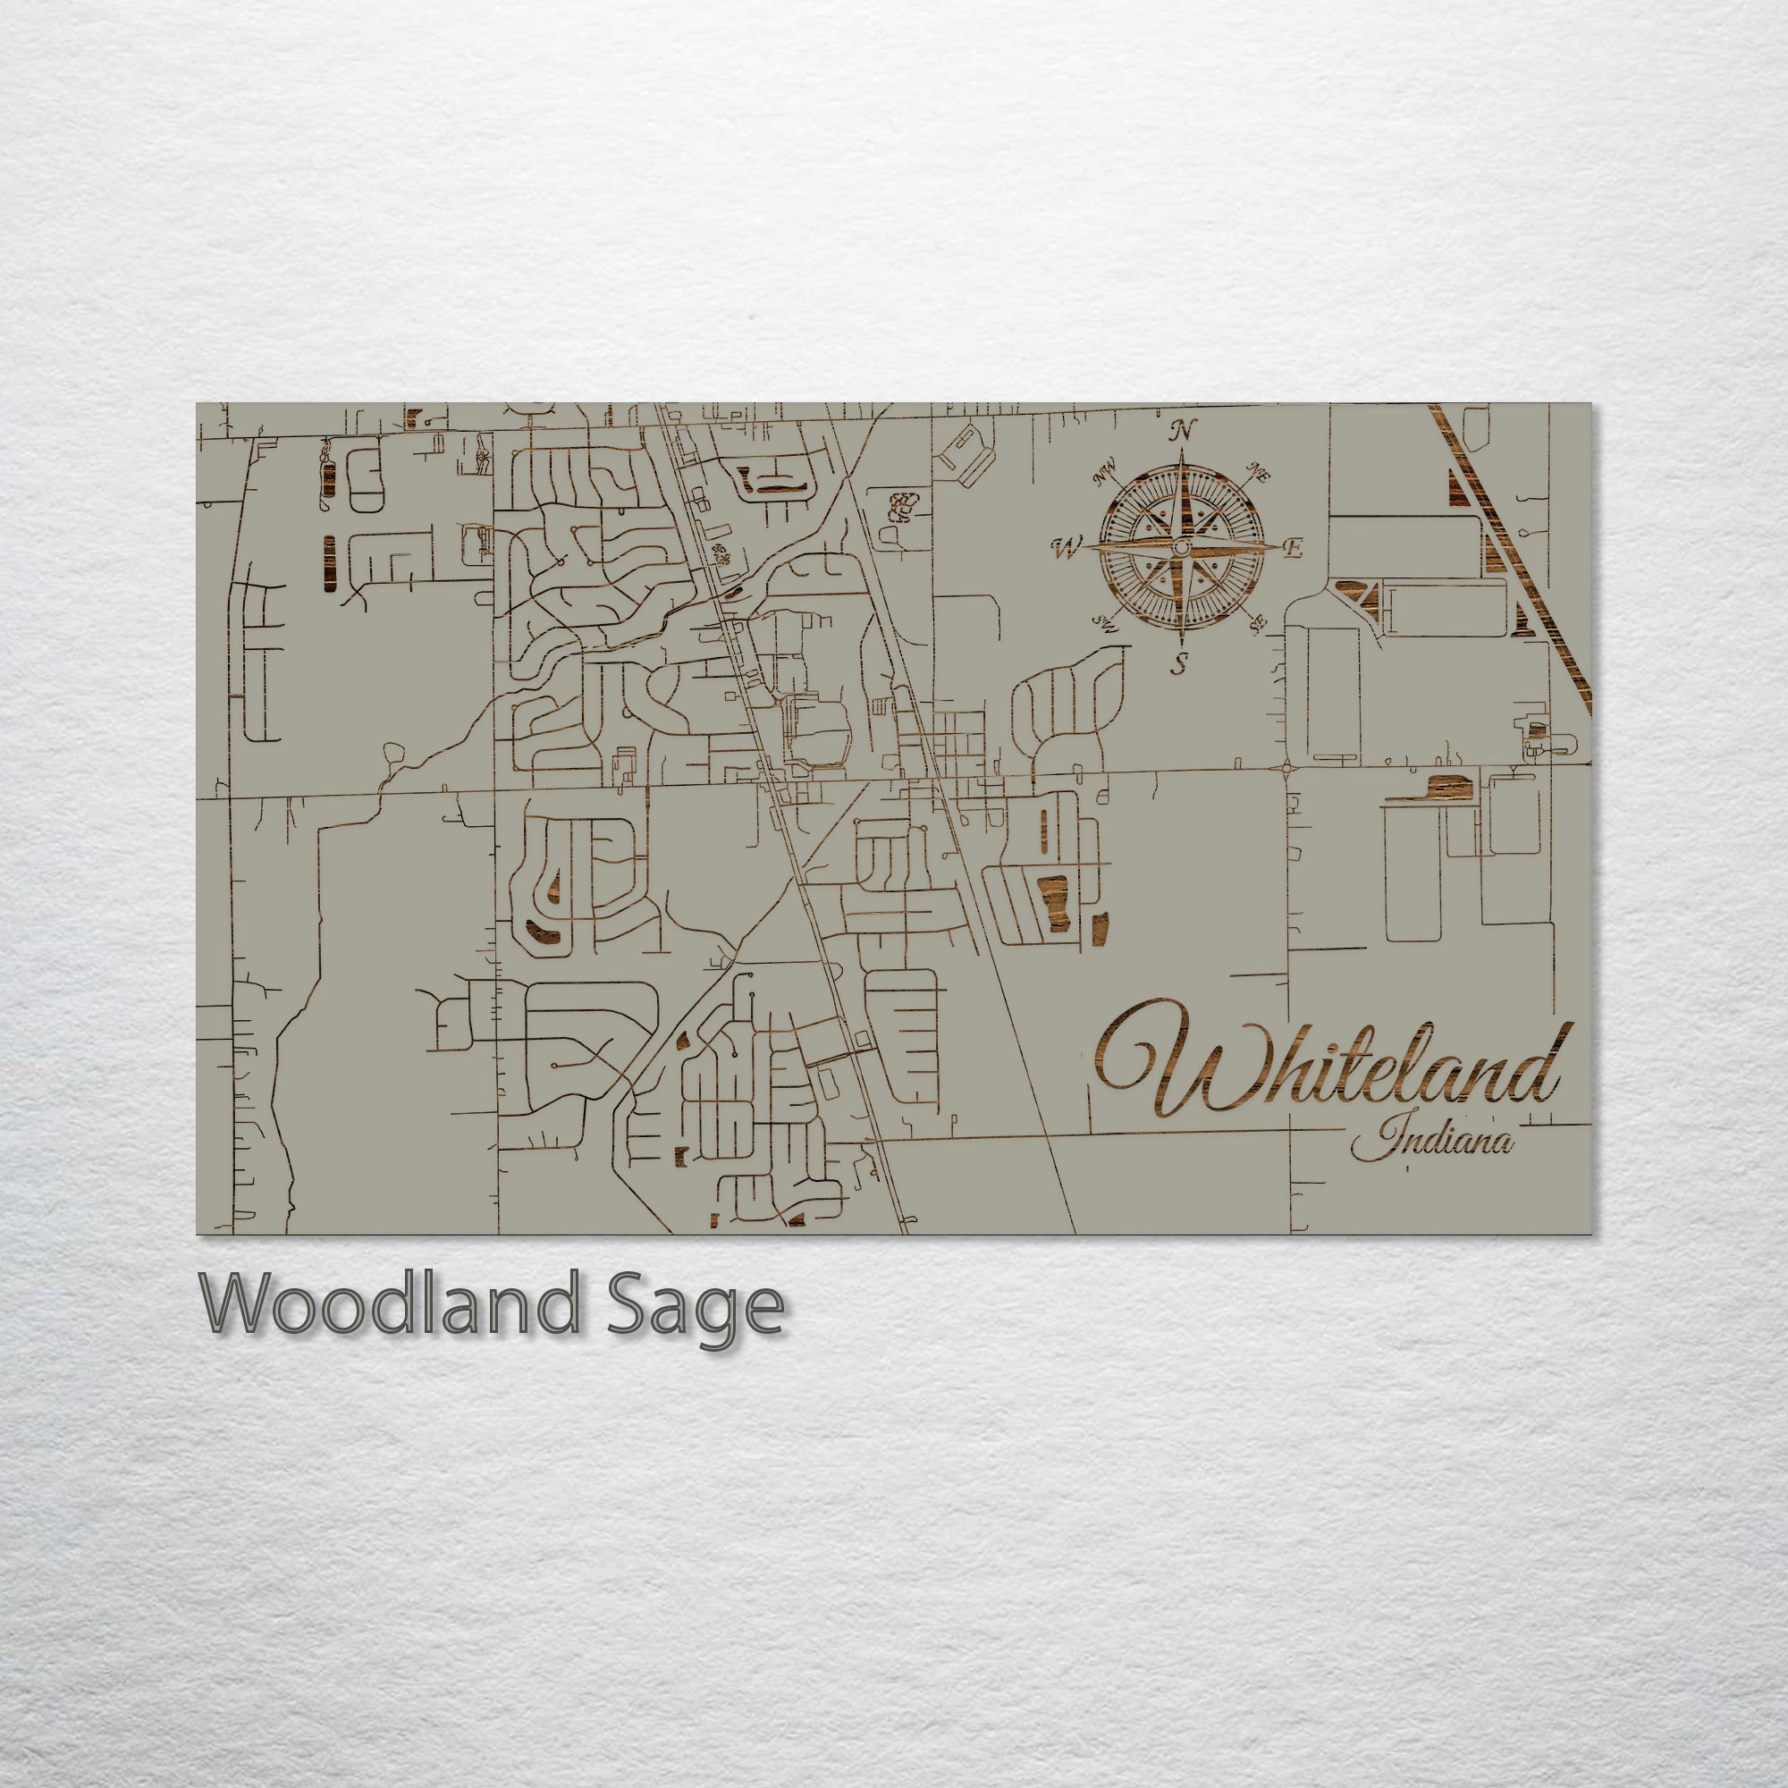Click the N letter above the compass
pyautogui.click(x=1182, y=430)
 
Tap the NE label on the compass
pyautogui.click(x=1259, y=475)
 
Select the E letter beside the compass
pyautogui.click(x=1294, y=549)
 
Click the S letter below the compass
pyautogui.click(x=1179, y=662)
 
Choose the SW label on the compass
pyautogui.click(x=1105, y=624)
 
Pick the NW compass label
pyautogui.click(x=1105, y=476)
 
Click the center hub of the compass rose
pyautogui.click(x=1181, y=549)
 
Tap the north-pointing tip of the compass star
pyautogui.click(x=1183, y=451)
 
